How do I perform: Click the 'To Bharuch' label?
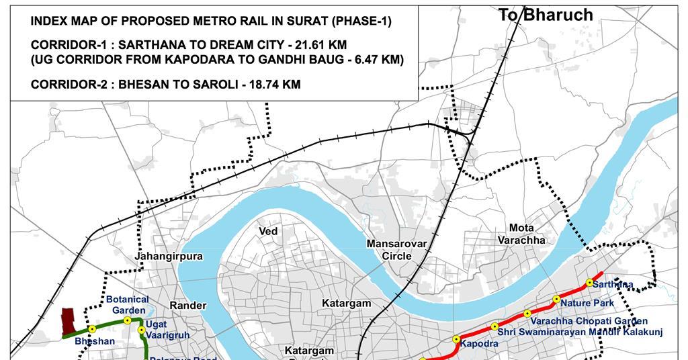tap(546, 15)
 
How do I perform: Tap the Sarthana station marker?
tap(589, 283)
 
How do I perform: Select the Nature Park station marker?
tap(556, 299)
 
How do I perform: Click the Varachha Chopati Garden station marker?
tap(527, 313)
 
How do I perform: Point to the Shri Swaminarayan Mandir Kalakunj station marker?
tap(494, 326)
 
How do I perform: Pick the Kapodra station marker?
tap(456, 339)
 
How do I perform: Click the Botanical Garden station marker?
tap(128, 320)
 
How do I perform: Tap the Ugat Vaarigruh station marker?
tap(141, 330)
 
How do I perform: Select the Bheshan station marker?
tap(92, 330)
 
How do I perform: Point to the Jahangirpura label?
tap(159, 257)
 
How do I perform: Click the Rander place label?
tap(187, 305)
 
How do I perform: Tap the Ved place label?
tap(268, 231)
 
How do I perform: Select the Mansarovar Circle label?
tap(396, 249)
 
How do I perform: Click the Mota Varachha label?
tap(521, 234)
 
